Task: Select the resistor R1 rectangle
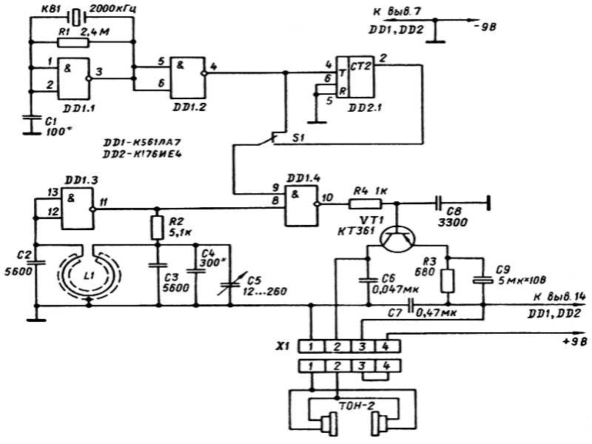[x=73, y=42]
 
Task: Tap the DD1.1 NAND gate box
[x=73, y=78]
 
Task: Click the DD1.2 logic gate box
[x=187, y=78]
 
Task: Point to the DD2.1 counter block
[x=355, y=77]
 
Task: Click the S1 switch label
[x=298, y=138]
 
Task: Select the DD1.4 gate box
[x=302, y=206]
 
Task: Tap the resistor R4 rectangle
[x=365, y=204]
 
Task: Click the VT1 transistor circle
[x=397, y=239]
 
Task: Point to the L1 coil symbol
[x=89, y=272]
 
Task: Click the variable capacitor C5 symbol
[x=231, y=285]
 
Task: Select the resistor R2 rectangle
[x=158, y=228]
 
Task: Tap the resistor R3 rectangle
[x=448, y=281]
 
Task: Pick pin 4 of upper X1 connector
[x=386, y=346]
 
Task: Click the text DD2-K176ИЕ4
[x=142, y=155]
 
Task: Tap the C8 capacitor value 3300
[x=453, y=223]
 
